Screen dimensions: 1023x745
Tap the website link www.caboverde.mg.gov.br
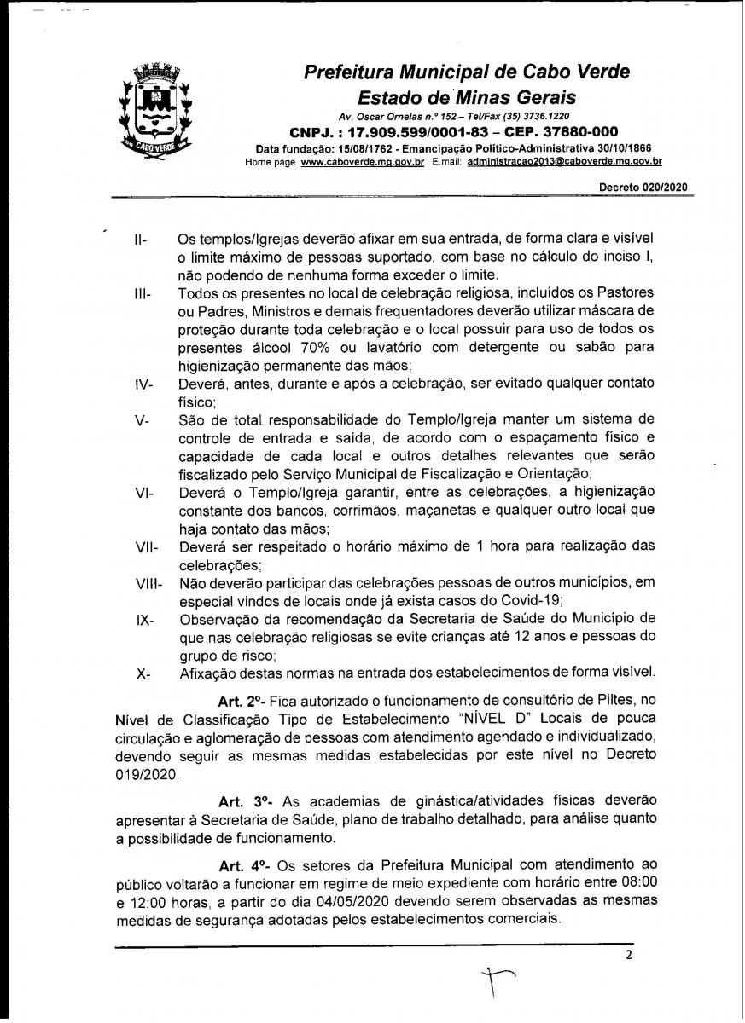coord(363,161)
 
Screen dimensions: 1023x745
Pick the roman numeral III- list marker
coord(143,295)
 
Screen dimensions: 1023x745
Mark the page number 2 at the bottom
coord(629,955)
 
